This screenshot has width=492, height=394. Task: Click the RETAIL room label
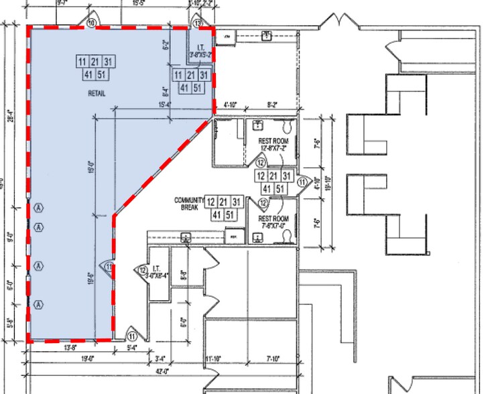96,92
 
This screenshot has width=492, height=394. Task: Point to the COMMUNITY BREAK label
188,204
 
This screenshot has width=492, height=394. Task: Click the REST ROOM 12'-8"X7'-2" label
273,143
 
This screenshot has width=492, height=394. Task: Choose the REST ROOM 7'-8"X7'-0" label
273,222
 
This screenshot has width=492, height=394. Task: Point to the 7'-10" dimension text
272,360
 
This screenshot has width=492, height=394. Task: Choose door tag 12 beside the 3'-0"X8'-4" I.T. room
143,270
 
